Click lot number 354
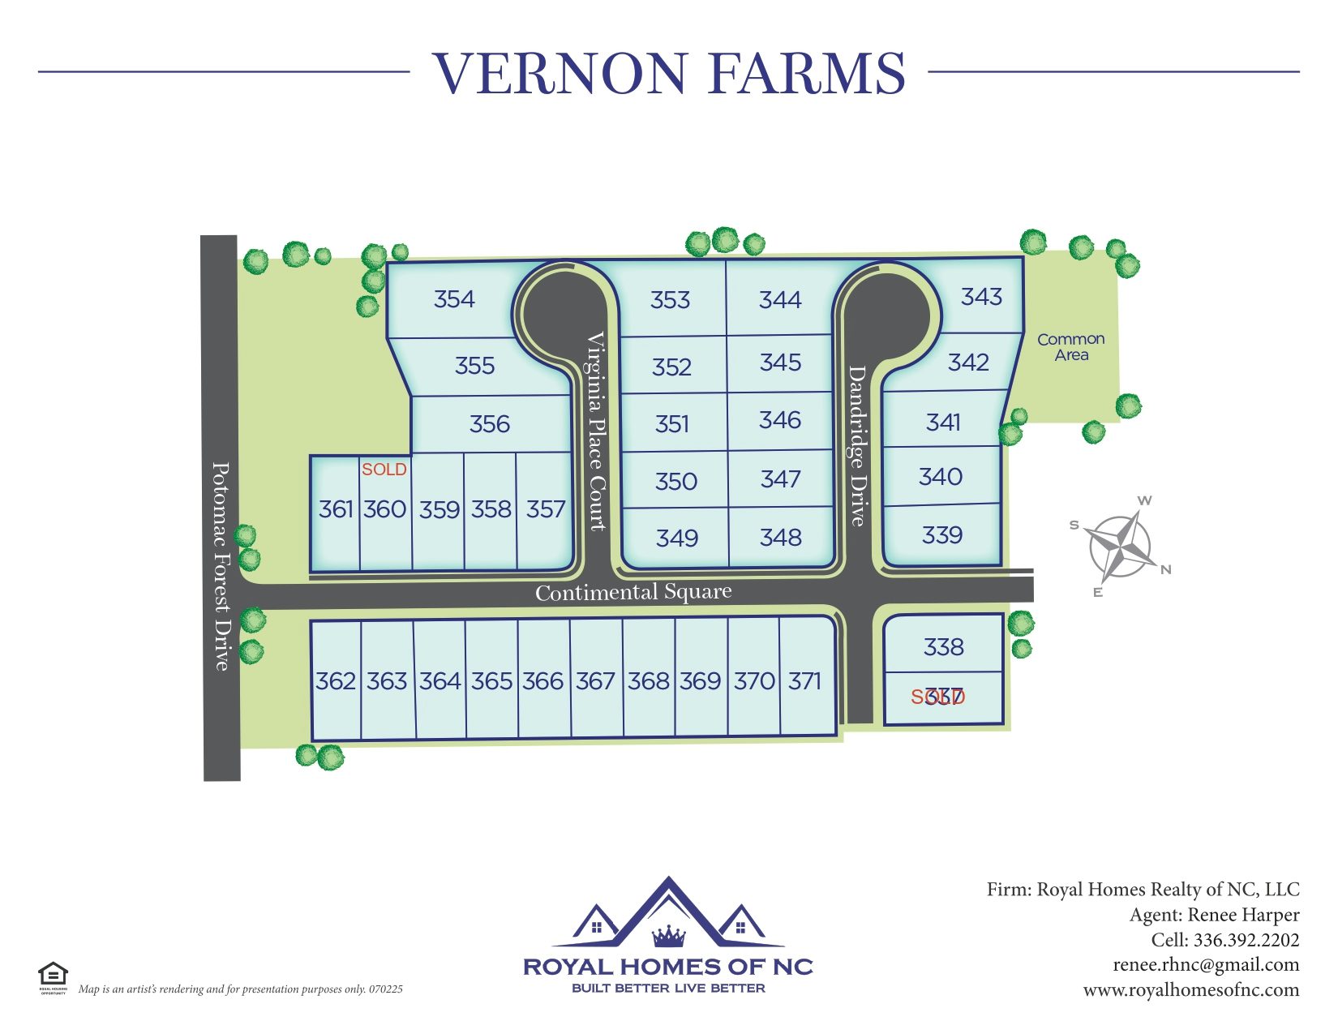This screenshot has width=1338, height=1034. [x=454, y=299]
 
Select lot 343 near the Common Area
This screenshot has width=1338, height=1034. [x=981, y=297]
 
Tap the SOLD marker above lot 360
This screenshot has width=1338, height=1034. [x=384, y=470]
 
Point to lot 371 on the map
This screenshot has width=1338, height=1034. [x=804, y=680]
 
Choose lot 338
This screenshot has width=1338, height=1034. [x=943, y=647]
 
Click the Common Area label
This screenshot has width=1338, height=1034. [x=1070, y=347]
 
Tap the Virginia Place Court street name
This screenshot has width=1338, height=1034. [x=597, y=431]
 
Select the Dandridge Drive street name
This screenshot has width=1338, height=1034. [x=857, y=445]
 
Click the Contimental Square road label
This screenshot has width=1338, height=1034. [x=633, y=593]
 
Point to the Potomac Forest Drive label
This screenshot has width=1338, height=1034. [x=221, y=566]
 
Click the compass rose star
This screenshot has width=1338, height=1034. [x=1120, y=546]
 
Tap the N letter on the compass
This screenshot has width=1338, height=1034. [x=1166, y=569]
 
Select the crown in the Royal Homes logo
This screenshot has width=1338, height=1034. [x=669, y=937]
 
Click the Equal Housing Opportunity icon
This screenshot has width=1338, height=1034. [x=53, y=974]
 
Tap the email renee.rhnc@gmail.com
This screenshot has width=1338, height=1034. [x=1206, y=965]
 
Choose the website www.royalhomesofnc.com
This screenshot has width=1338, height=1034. [x=1190, y=990]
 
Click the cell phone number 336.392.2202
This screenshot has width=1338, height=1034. [x=1246, y=940]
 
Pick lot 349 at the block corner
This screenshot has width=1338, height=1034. [x=677, y=538]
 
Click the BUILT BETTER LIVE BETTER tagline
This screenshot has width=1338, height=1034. [x=668, y=989]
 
